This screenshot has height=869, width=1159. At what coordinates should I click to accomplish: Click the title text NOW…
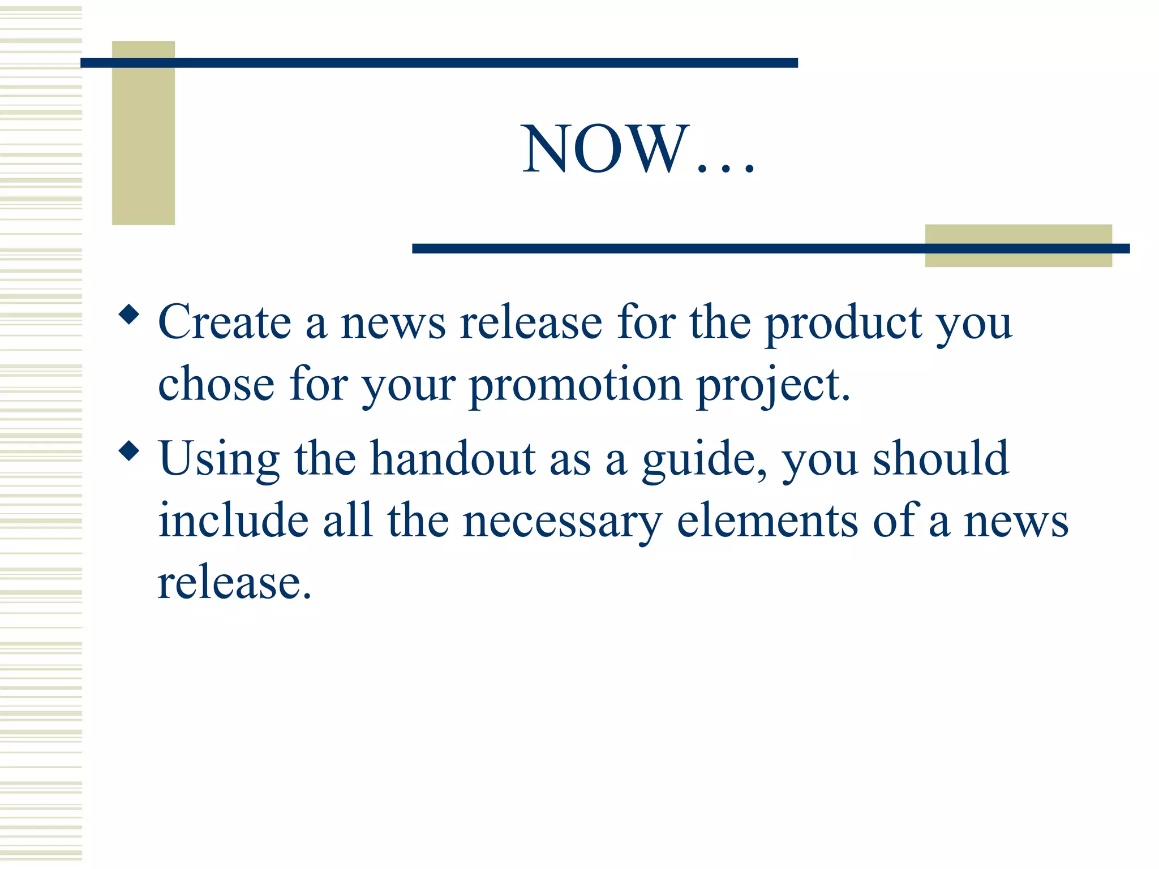638,148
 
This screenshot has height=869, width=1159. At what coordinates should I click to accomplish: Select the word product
843,324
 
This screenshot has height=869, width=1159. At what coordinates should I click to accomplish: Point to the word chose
216,384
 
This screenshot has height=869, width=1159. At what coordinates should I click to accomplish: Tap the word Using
219,459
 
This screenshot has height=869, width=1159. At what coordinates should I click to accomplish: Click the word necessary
563,522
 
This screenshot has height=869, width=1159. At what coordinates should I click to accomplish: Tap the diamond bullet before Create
130,315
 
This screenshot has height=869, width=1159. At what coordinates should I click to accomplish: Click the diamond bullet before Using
130,451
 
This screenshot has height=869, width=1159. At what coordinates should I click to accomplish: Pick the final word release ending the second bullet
234,583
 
